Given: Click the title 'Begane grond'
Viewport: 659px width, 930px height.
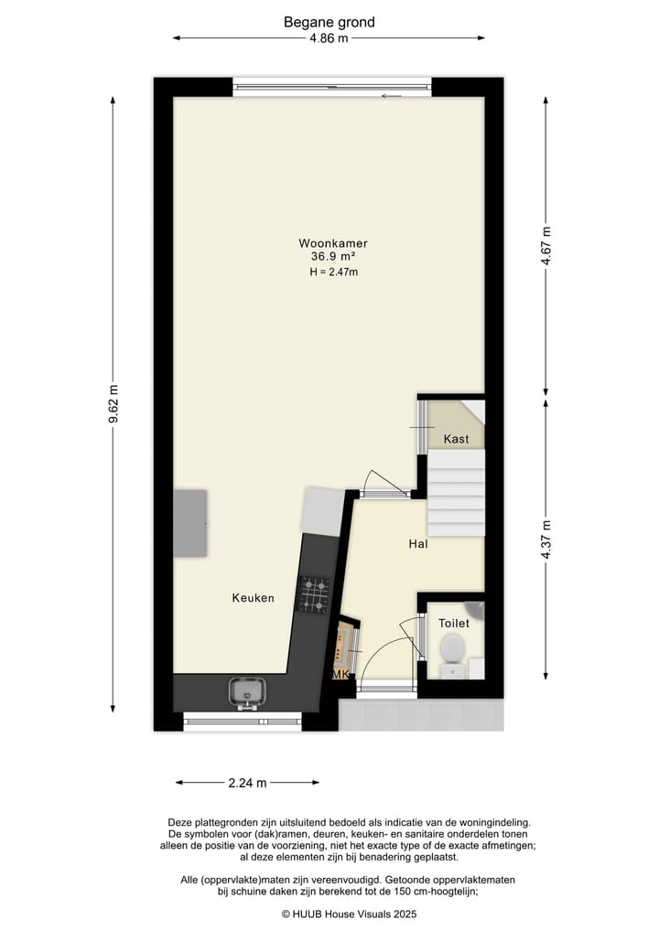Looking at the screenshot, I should tap(329, 22).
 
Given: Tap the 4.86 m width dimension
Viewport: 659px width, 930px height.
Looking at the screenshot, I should tap(329, 38).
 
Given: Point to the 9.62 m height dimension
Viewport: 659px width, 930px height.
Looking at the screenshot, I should tap(113, 403).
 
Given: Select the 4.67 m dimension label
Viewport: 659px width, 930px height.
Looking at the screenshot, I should tap(546, 245).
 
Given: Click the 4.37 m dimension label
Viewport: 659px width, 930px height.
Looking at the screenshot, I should tap(546, 540).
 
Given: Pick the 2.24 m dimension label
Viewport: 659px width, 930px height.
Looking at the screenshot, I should tap(247, 783).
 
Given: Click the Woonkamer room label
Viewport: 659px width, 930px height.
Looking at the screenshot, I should tap(332, 243).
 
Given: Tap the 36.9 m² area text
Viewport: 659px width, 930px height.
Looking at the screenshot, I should tap(332, 257).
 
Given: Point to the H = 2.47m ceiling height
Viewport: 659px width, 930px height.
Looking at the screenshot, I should tap(332, 273).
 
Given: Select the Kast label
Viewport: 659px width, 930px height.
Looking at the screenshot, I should tap(456, 439).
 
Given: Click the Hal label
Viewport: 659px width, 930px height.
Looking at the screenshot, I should tap(418, 544).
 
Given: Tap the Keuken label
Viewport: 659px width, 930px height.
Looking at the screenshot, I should tap(253, 598).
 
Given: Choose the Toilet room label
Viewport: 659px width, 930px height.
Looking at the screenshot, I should tap(453, 624).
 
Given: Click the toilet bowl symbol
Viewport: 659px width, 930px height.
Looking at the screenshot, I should tap(452, 649).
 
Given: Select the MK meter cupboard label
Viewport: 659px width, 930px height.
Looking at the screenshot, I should tap(340, 675).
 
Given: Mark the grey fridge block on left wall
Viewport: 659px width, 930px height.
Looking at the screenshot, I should tap(190, 523).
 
